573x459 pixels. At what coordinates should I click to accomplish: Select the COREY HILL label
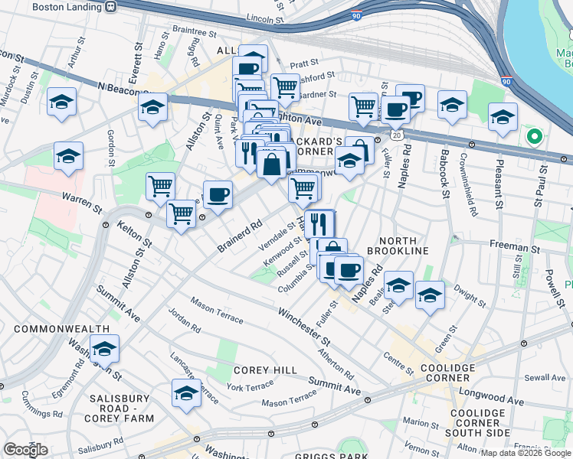click(265, 369)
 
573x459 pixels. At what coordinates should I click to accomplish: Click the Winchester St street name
click(303, 325)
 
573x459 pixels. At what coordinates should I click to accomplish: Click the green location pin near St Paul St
click(535, 138)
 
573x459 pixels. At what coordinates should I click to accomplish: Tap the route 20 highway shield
click(396, 134)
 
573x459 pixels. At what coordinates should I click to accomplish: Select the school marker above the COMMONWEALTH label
click(104, 349)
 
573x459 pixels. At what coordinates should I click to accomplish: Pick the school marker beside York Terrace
click(186, 393)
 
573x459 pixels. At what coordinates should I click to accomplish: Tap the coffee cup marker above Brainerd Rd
click(218, 194)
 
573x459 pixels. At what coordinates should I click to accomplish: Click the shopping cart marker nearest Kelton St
click(181, 214)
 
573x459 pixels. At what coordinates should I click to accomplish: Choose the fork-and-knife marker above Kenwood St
click(319, 224)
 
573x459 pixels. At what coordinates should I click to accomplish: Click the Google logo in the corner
click(26, 450)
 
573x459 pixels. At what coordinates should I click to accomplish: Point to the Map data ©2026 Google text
click(525, 453)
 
